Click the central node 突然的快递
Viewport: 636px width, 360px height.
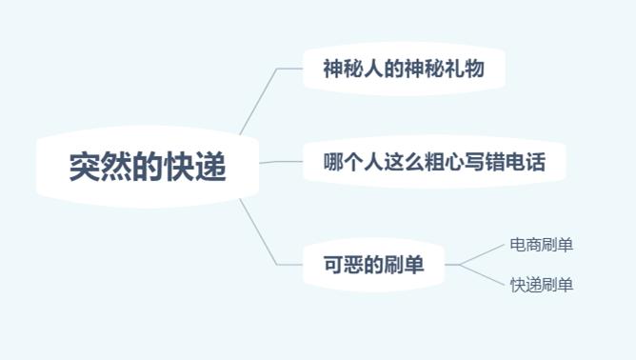pos(148,167)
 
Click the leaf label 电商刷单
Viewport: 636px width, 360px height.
pos(541,245)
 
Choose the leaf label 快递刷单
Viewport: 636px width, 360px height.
pos(541,285)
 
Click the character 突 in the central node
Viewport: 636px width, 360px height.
pos(84,167)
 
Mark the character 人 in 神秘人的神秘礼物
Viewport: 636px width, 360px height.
pos(364,69)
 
